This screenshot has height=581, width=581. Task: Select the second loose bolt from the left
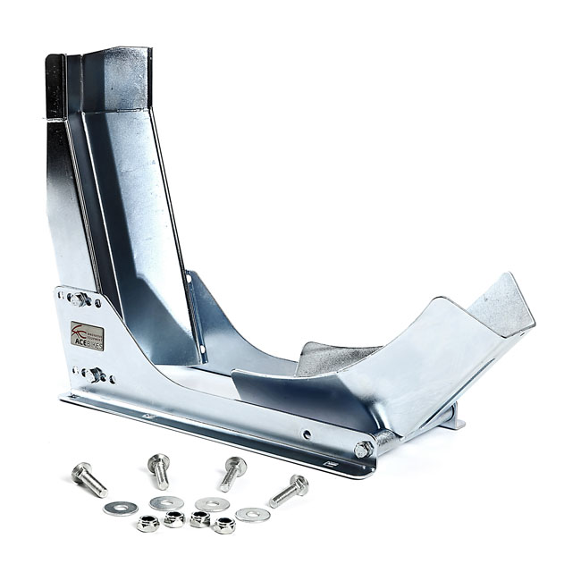point(159,469)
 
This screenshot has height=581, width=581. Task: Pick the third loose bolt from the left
point(232,471)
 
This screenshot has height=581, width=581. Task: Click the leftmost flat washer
point(114,508)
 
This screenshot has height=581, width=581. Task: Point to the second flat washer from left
point(162,503)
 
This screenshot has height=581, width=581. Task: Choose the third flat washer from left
point(211,504)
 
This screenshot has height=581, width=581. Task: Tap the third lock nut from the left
point(199,519)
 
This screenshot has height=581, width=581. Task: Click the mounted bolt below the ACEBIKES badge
point(93,374)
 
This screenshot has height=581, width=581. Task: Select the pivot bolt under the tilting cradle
point(364,449)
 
